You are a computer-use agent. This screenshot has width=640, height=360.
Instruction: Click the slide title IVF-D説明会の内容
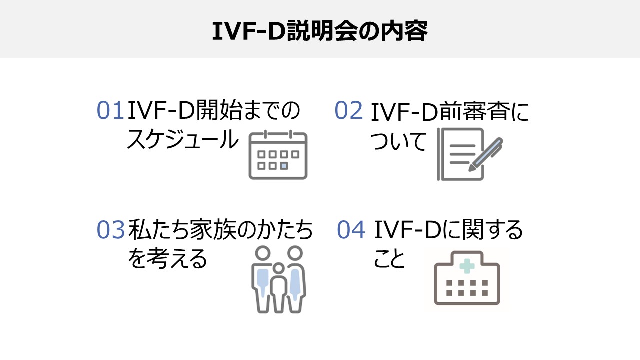coord(319,31)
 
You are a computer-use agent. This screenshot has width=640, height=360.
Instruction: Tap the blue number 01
coord(110,111)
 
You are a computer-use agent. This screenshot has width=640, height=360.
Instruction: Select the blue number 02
coord(348,111)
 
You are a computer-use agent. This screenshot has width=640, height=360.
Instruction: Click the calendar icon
coord(278,154)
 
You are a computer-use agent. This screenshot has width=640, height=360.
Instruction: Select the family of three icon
coord(278,279)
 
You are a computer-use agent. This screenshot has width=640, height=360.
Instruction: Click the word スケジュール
coord(183,140)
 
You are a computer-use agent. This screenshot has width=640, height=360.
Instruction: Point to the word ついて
coord(398,141)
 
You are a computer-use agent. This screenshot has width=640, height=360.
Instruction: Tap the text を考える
coord(167,259)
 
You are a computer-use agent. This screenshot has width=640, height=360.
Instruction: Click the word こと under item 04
coord(389,259)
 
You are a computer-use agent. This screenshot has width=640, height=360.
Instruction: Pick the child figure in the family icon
coord(278,290)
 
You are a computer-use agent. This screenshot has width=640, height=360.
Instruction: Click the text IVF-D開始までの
coord(214,111)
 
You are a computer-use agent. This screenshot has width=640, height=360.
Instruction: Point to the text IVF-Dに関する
coord(448,230)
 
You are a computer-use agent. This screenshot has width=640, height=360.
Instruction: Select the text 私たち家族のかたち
coord(220,230)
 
